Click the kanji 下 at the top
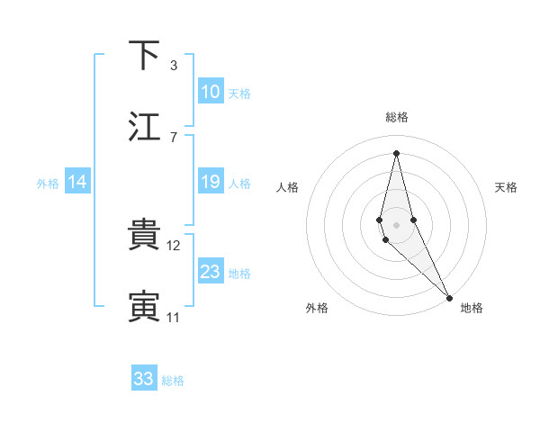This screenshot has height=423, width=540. click(144, 55)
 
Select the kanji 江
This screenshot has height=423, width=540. click(144, 127)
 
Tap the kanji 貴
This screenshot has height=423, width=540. click(144, 235)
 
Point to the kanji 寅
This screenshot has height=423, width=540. click(144, 307)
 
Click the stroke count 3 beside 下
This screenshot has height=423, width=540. click(173, 65)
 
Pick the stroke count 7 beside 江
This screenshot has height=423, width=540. click(173, 137)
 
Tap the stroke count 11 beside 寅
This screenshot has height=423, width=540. click(175, 317)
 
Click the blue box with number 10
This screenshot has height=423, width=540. click(211, 92)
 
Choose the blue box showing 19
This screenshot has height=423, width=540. click(211, 182)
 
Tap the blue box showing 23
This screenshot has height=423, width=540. click(211, 272)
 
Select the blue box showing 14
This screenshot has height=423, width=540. click(77, 182)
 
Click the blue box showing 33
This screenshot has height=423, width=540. click(144, 379)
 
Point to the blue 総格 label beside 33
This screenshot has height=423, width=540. click(173, 381)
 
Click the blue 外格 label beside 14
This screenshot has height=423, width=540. click(48, 184)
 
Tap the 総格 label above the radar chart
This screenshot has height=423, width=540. click(397, 117)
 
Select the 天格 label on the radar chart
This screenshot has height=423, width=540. click(506, 187)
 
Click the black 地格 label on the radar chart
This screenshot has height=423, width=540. click(472, 308)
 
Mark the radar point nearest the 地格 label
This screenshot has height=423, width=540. click(449, 297)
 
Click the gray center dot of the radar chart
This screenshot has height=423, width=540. click(397, 225)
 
